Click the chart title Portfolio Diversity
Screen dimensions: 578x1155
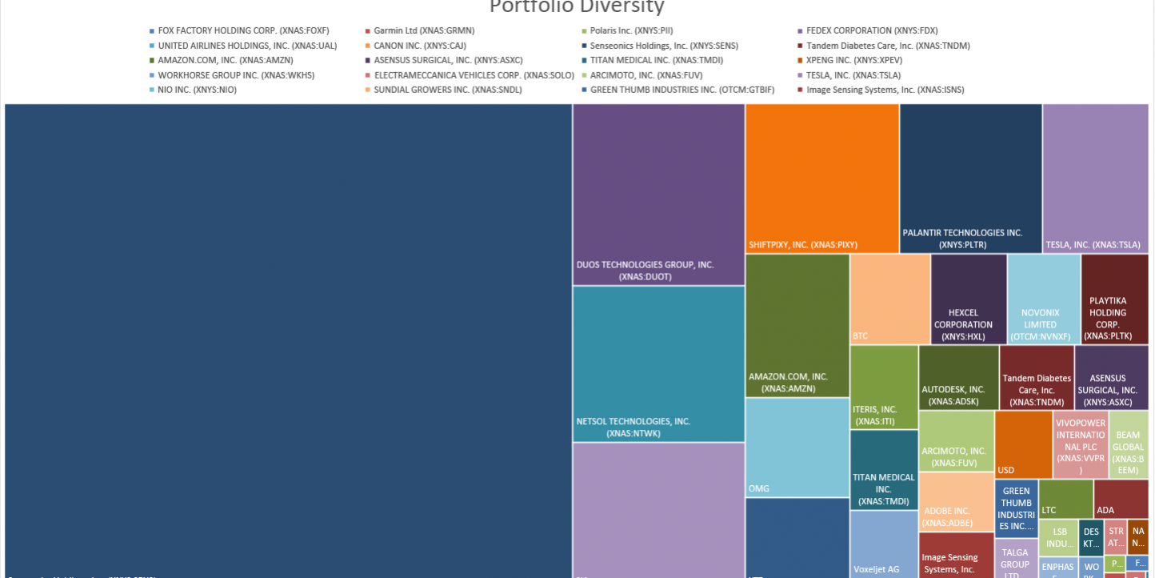[576, 7]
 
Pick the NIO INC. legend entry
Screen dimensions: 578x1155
[197, 90]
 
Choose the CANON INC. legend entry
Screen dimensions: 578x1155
[419, 46]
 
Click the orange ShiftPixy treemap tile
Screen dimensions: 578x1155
[821, 178]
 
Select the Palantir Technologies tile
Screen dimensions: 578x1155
[970, 178]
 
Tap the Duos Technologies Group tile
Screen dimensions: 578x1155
[658, 194]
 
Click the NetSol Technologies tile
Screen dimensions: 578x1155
[658, 363]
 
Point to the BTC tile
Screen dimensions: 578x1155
[889, 299]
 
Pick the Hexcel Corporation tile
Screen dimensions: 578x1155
[968, 299]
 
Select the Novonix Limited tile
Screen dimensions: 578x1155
[1043, 299]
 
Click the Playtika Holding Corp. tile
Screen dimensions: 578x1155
[1114, 299]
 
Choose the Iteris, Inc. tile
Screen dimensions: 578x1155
[883, 387]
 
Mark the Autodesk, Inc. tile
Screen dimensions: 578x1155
[958, 377]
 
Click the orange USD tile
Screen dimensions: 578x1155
[1023, 444]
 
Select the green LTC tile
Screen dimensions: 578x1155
[1065, 498]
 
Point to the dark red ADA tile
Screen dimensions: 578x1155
[1121, 498]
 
